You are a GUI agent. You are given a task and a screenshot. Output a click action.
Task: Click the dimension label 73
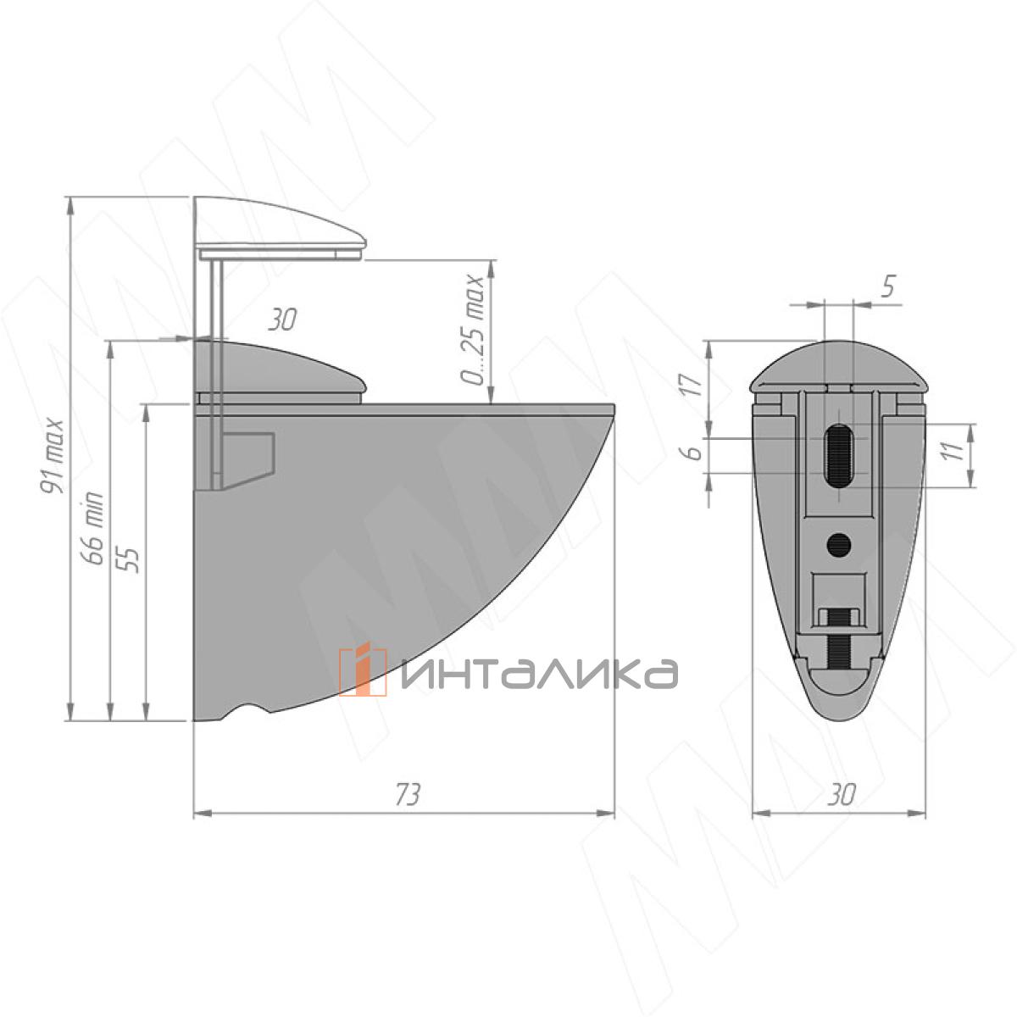click(408, 793)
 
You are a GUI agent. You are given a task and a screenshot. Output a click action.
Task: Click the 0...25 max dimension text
click(471, 330)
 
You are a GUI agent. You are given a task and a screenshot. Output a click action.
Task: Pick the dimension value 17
click(695, 386)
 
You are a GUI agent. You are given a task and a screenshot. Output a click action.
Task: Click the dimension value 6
click(696, 452)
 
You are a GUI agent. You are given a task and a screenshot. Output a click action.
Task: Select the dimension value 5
click(889, 286)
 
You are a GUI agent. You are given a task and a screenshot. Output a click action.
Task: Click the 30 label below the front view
click(842, 794)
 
